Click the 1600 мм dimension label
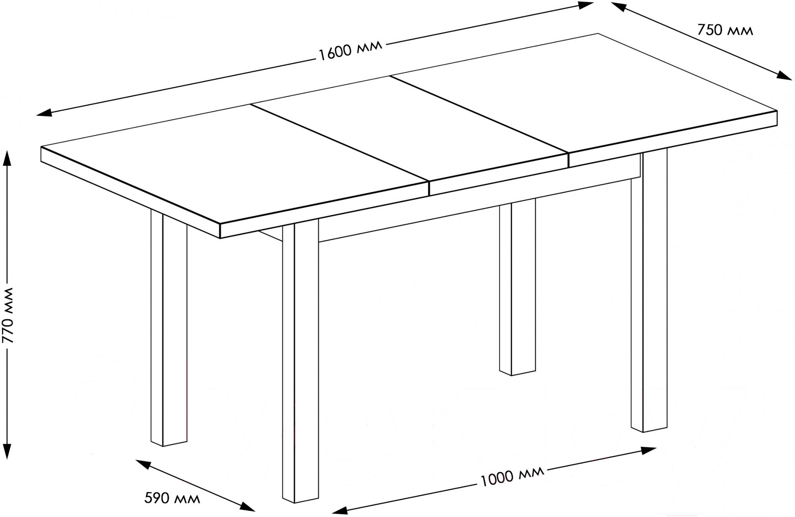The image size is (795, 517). [351, 49]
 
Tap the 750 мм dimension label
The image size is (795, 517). [725, 30]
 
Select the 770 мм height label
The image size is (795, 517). [8, 315]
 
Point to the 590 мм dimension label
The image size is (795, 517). [172, 498]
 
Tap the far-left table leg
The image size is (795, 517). [169, 330]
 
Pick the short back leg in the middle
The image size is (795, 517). [518, 286]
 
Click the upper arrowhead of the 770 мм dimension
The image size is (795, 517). [7, 157]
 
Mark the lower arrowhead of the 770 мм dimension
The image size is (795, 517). [7, 451]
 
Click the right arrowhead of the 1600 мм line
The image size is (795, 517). [586, 5]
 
